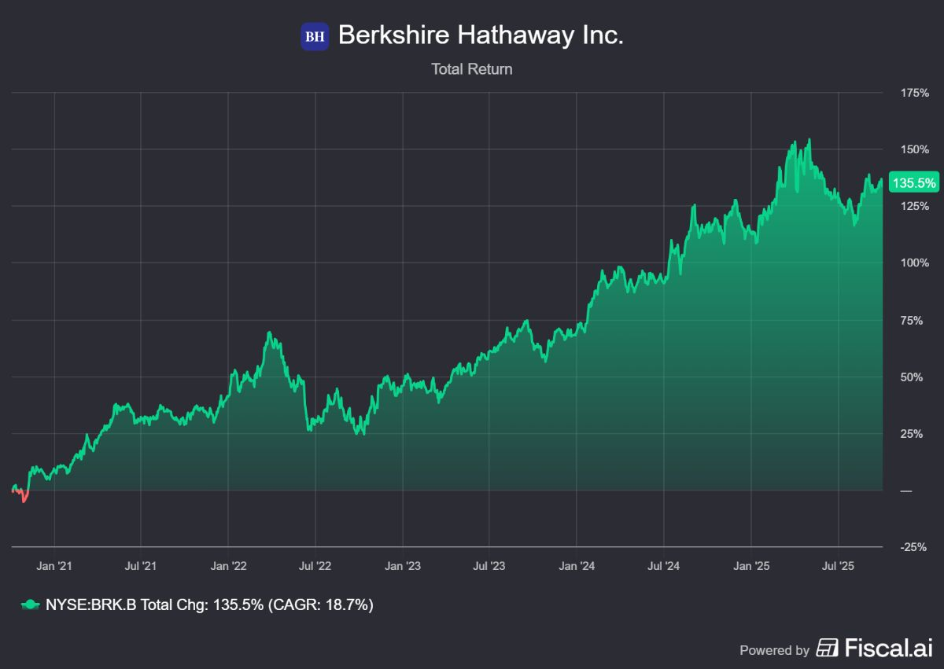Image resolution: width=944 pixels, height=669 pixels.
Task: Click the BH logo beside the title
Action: pyautogui.click(x=315, y=36)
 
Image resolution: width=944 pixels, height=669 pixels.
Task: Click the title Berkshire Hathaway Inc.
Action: pyautogui.click(x=481, y=35)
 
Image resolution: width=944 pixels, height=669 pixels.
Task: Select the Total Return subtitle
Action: pyautogui.click(x=471, y=69)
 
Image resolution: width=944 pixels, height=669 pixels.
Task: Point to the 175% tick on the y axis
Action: pyautogui.click(x=915, y=93)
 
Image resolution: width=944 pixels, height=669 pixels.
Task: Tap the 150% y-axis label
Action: pyautogui.click(x=915, y=149)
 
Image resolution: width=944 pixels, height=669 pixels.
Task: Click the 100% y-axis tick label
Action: pyautogui.click(x=915, y=263)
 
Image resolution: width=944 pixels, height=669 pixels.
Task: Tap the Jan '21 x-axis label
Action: pyautogui.click(x=54, y=565)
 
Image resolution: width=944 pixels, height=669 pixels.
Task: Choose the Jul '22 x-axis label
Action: pyautogui.click(x=315, y=565)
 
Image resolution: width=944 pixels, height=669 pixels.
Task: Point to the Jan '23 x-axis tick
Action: pyautogui.click(x=403, y=565)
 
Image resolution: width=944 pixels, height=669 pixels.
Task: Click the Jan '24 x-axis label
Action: pyautogui.click(x=577, y=565)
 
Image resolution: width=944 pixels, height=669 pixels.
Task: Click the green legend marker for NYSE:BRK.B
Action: pyautogui.click(x=29, y=605)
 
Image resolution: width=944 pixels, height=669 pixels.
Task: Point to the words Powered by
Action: pyautogui.click(x=774, y=650)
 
